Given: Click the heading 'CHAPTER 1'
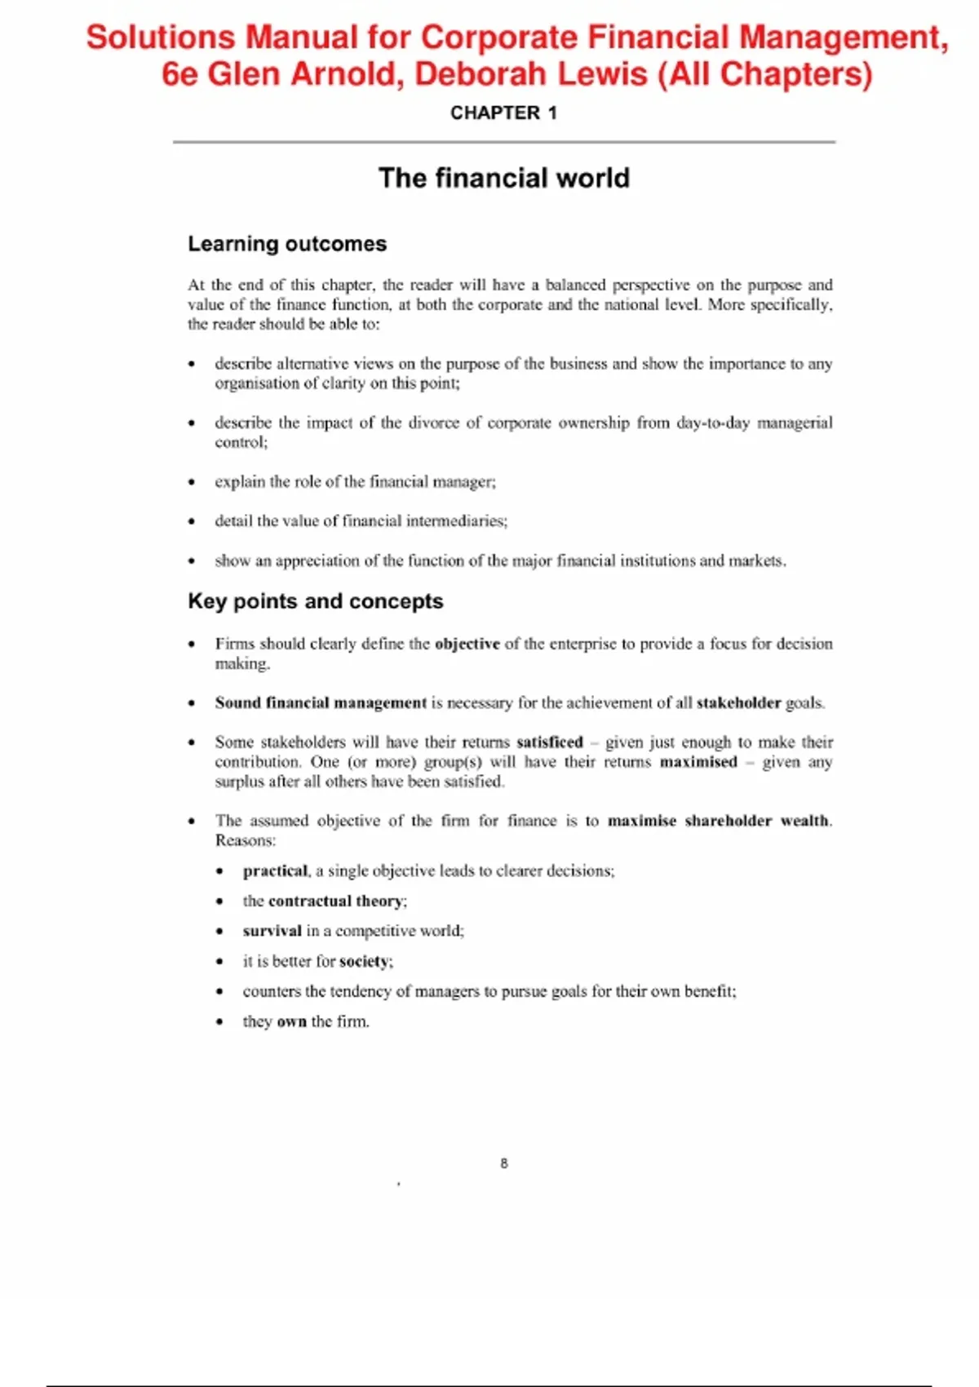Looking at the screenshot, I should tap(503, 113).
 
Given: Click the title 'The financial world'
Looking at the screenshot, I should tap(503, 178).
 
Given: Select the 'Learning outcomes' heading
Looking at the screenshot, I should tap(287, 244).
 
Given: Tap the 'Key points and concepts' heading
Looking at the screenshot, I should tap(315, 601).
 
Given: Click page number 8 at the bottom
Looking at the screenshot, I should tap(504, 1163).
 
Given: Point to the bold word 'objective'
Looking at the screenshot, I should tap(467, 644).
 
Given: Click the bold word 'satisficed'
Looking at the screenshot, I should tap(549, 742).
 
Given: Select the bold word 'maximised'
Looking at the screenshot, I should tap(698, 762).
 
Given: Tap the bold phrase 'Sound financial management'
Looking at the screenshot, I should tap(321, 703).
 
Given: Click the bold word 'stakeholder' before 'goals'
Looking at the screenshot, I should tap(738, 703).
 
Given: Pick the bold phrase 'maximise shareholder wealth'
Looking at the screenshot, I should tap(718, 821).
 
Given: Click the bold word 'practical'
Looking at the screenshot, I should tap(275, 871).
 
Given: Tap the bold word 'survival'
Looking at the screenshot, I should tap(272, 931).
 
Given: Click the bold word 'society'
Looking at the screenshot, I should tap(364, 962).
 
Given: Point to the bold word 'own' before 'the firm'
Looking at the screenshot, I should tap(291, 1021).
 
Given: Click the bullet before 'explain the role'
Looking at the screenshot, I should tap(192, 482).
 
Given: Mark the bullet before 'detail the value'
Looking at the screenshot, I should tap(192, 521).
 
